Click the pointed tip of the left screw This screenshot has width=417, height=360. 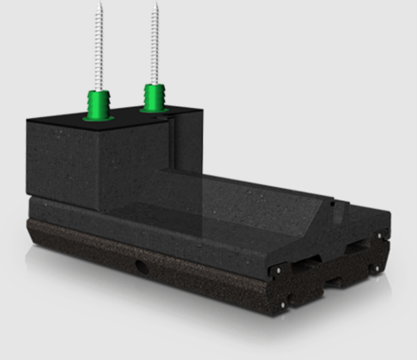tap(99, 4)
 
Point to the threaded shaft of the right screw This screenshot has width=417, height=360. tap(155, 44)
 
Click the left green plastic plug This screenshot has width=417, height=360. tap(99, 103)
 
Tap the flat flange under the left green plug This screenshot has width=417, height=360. tap(99, 117)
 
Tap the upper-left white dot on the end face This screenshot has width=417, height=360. tap(277, 270)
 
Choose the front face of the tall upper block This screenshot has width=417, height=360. tap(63, 161)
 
